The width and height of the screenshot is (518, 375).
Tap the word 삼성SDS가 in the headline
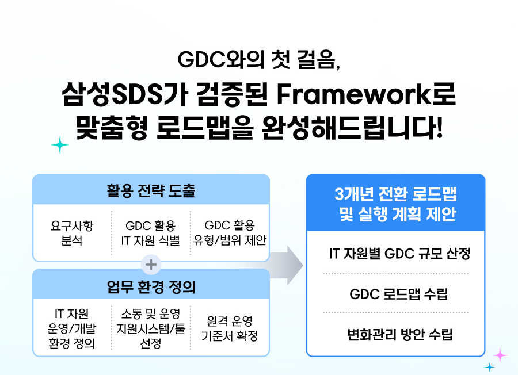coord(125,94)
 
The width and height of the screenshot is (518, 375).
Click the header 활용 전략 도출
coord(151,190)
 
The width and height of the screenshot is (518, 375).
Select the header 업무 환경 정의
coord(151,286)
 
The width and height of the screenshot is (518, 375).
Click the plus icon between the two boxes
coord(151,265)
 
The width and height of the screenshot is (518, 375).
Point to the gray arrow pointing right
coord(286,265)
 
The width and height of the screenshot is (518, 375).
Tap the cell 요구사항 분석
coord(72,233)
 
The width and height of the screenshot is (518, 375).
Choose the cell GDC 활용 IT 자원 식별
coord(151,233)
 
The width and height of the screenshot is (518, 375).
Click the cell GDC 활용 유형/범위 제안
coord(230,232)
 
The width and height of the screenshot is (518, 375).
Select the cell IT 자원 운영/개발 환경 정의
coord(72,328)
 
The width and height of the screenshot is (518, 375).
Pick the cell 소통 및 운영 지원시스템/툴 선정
coord(151,328)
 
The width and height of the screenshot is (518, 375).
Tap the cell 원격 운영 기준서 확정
coord(230,328)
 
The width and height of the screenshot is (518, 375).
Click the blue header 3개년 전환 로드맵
coord(395,194)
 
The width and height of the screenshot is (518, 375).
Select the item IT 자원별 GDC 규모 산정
coord(399,254)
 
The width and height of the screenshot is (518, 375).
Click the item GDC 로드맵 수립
coord(399,294)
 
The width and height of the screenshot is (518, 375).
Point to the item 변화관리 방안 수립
coord(400,334)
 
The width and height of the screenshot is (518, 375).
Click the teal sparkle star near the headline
coord(60,145)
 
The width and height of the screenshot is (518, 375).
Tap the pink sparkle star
coord(500,355)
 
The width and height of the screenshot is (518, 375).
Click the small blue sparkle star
coord(490,367)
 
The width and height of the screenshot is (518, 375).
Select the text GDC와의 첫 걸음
coord(258,60)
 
